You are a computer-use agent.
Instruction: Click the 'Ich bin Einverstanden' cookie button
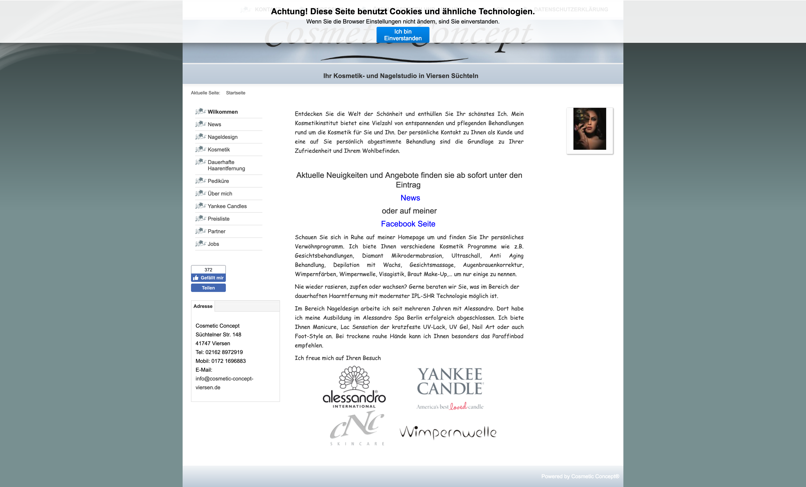(403, 35)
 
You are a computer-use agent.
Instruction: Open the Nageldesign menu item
(222, 137)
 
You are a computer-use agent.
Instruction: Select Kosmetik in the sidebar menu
(219, 149)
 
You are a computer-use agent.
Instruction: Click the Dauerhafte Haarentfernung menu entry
(226, 165)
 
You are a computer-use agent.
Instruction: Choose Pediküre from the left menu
(218, 181)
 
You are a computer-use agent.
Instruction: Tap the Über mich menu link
(220, 194)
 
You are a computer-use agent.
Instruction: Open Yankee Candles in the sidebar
(227, 206)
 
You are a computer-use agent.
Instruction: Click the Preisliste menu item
(219, 219)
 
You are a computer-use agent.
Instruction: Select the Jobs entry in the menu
(213, 244)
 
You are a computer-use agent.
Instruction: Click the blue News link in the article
(410, 198)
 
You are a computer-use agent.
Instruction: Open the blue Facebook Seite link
(408, 224)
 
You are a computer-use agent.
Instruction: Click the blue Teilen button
(208, 288)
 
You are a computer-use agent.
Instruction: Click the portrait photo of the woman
(589, 129)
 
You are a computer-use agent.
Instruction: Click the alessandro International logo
(354, 388)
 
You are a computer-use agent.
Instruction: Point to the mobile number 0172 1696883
(228, 361)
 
